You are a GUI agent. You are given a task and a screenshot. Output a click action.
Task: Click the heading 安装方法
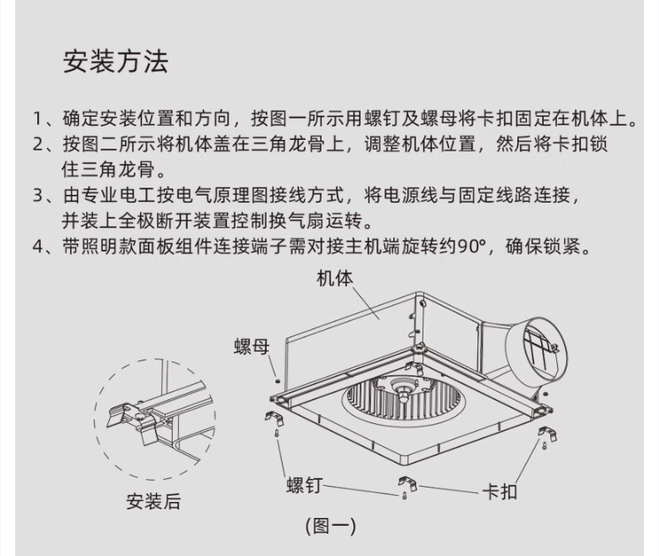(x=115, y=62)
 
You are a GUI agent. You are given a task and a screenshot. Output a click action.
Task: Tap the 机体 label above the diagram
(x=335, y=278)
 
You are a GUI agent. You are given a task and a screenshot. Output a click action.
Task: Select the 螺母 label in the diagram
(x=252, y=347)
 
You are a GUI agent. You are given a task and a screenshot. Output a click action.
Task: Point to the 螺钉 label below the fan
(x=305, y=485)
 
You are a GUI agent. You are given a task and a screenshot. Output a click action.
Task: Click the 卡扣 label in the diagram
(x=500, y=491)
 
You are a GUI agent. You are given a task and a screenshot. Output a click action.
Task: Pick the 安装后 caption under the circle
(x=153, y=501)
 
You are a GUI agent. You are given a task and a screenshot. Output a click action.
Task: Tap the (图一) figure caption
(x=330, y=526)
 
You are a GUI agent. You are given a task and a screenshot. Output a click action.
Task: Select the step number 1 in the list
(x=38, y=119)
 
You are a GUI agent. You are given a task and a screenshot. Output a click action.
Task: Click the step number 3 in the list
(x=38, y=196)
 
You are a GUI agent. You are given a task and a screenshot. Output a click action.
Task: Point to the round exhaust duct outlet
(x=536, y=351)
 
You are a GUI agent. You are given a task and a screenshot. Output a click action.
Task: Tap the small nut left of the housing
(x=277, y=381)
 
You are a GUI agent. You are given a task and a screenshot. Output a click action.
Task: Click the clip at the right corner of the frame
(x=547, y=433)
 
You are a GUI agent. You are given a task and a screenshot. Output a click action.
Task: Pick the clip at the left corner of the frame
(x=275, y=417)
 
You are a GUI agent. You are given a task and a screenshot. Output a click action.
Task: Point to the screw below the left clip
(x=277, y=433)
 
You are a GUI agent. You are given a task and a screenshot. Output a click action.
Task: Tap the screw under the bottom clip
(x=405, y=496)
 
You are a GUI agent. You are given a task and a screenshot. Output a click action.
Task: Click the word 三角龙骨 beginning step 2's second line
(x=118, y=170)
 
